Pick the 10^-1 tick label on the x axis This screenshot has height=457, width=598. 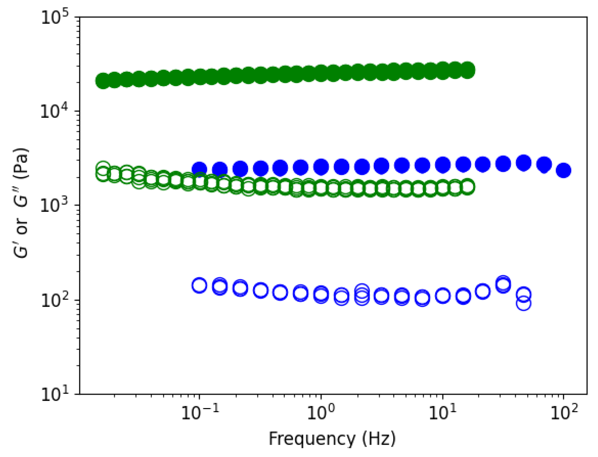point(200,414)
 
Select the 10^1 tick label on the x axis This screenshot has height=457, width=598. point(443,414)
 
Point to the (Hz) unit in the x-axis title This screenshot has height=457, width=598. point(379,439)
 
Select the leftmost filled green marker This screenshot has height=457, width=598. point(103,81)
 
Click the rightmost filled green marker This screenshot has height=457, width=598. point(468,70)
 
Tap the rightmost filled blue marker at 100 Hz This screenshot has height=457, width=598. point(563,171)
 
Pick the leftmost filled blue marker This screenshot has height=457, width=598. point(199,169)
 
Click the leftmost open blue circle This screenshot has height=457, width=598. point(199,286)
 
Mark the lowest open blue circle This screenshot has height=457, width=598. point(523,304)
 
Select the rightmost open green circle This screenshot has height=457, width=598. point(468,187)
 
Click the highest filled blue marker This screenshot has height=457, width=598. point(523,163)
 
